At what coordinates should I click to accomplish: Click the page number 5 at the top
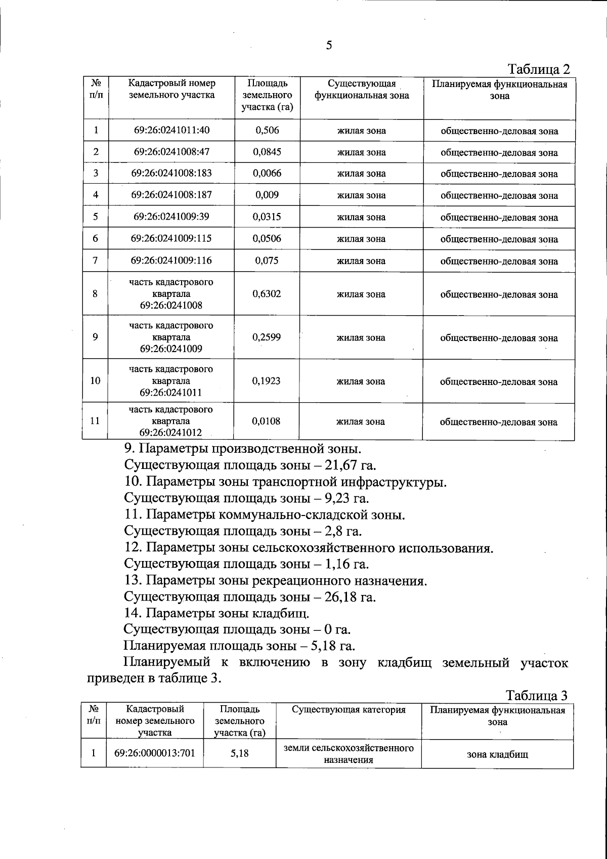point(329,46)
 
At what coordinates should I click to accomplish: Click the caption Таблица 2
point(538,69)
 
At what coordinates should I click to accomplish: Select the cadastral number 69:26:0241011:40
point(171,130)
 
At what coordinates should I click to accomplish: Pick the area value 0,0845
point(267,152)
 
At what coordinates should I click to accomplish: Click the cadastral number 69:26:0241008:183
point(171,173)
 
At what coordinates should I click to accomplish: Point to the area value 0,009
point(267,195)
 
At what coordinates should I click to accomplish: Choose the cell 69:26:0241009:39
point(171,217)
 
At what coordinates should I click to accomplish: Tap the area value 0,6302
point(267,293)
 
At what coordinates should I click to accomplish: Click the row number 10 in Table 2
point(95,381)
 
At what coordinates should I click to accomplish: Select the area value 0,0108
point(267,421)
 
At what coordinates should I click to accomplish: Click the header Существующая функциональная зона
point(361,90)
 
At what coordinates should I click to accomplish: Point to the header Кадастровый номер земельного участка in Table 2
point(171,90)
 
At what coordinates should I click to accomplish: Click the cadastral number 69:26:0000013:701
point(155,753)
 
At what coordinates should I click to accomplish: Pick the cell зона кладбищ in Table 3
point(497,754)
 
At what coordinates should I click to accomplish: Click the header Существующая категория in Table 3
point(349,710)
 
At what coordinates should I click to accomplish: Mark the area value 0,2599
point(267,337)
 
